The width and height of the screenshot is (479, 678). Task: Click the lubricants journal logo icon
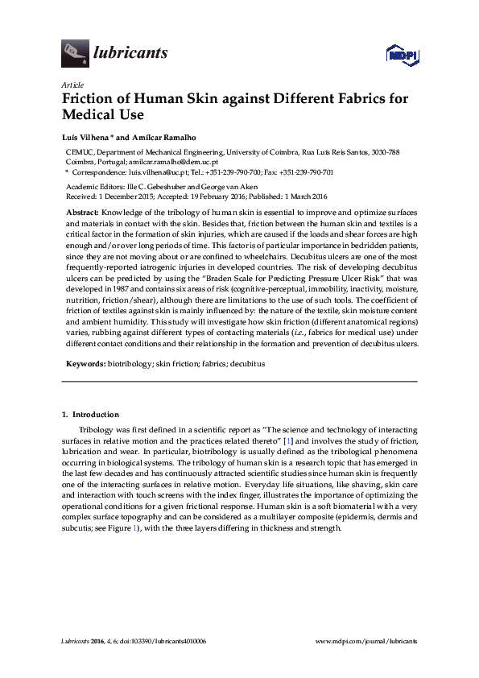pyautogui.click(x=75, y=53)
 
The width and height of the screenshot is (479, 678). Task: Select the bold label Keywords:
pyautogui.click(x=85, y=363)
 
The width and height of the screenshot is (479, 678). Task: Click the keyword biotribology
pyautogui.click(x=130, y=363)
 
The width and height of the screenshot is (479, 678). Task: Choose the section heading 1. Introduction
pyautogui.click(x=90, y=415)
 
